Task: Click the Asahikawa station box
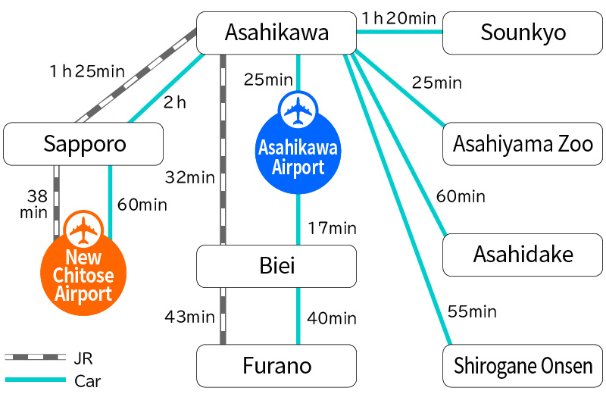click(276, 33)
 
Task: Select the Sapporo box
click(83, 144)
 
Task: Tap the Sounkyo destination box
click(523, 33)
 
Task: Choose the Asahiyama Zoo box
click(523, 144)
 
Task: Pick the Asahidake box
click(523, 255)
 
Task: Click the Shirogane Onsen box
click(523, 366)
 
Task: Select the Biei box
click(276, 265)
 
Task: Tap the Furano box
click(276, 366)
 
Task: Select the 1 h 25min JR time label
click(86, 72)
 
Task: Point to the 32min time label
click(190, 178)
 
